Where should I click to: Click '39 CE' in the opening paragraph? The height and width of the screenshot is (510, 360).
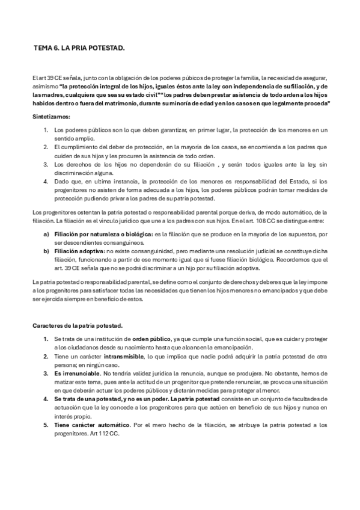point(50,78)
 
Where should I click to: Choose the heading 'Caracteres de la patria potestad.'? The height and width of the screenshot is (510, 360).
point(77,325)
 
